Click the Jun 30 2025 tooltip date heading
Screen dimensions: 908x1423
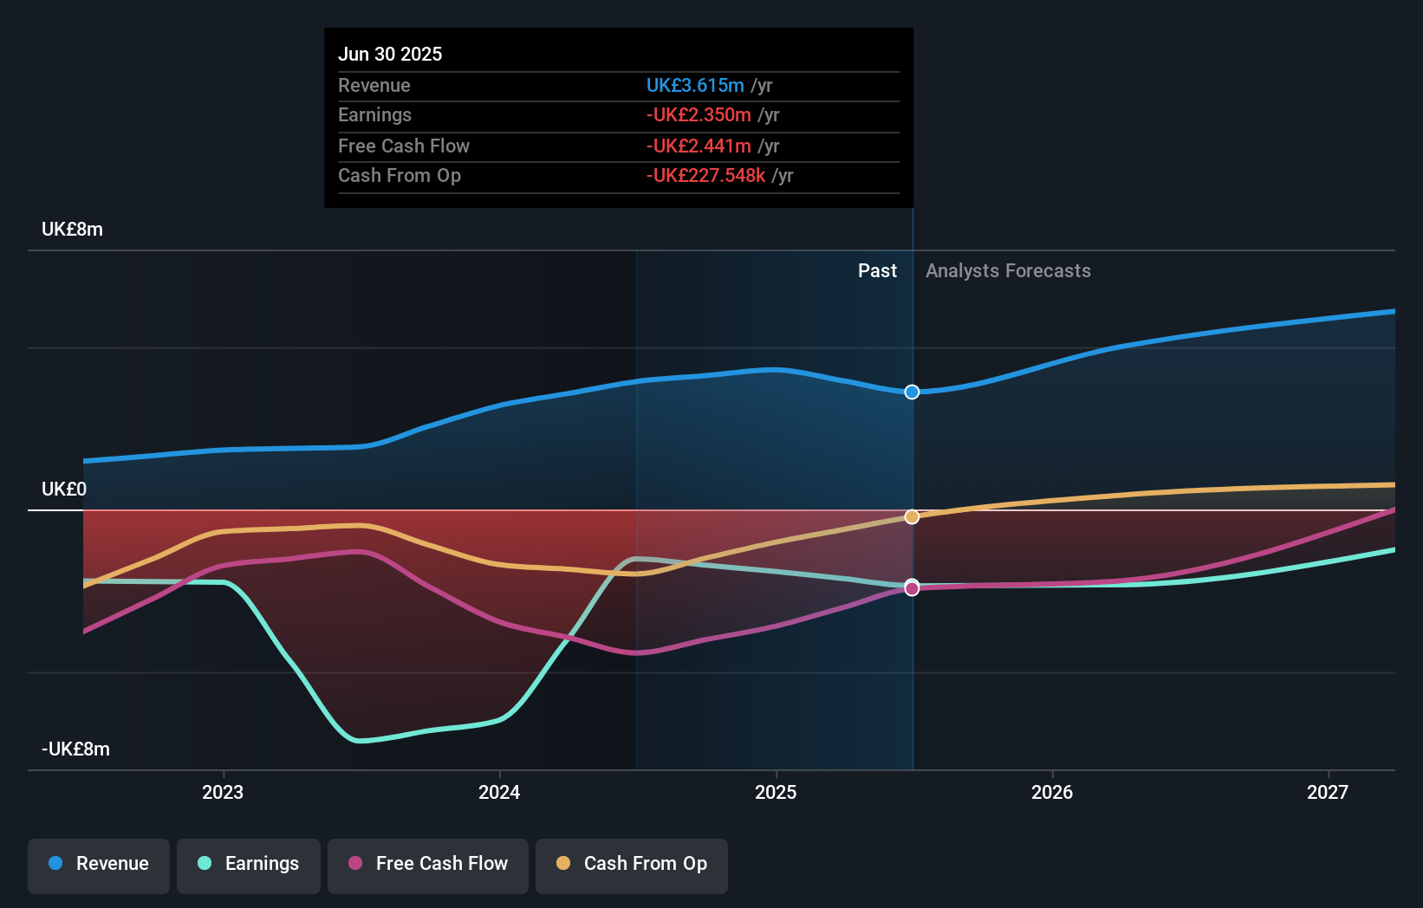tap(390, 54)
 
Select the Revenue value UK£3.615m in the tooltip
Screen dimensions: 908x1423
tap(695, 85)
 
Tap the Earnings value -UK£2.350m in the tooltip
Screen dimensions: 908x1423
tap(699, 115)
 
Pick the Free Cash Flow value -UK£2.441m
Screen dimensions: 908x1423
tap(699, 146)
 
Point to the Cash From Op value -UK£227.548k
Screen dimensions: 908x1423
tap(705, 176)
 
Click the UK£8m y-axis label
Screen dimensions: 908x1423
tap(72, 230)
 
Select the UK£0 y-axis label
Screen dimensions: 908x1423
tap(64, 490)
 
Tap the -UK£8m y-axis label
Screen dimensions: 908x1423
tap(75, 749)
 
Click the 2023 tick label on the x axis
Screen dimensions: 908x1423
tap(223, 792)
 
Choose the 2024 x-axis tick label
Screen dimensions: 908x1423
tap(499, 792)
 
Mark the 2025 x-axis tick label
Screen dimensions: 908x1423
tap(776, 792)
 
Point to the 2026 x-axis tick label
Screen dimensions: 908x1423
tap(1052, 792)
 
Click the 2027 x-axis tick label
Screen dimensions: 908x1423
tap(1328, 792)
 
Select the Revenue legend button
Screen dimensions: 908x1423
tap(99, 864)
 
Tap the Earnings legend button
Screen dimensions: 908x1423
tap(249, 864)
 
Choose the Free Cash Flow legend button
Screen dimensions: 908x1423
tap(428, 864)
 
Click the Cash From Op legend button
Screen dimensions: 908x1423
tap(632, 864)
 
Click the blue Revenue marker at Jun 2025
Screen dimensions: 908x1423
tap(912, 392)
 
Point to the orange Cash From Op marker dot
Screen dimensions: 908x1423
tap(912, 517)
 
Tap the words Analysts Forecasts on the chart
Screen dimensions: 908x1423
tap(1008, 271)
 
